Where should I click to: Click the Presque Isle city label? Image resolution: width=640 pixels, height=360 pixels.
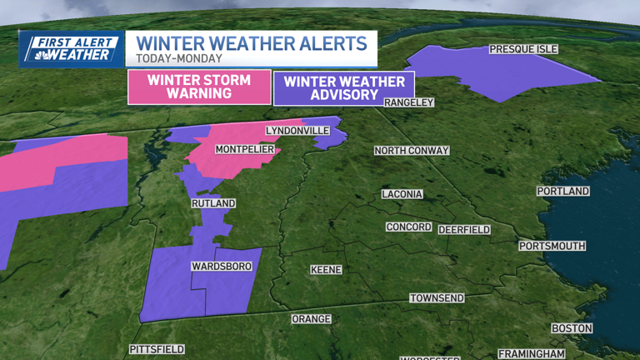[523, 49]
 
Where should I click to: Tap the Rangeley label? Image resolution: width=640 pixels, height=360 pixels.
[409, 102]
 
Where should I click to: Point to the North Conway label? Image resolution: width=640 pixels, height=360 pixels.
[412, 151]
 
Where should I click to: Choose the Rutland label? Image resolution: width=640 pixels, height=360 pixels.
[213, 203]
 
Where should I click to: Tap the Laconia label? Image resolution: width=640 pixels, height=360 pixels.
[402, 194]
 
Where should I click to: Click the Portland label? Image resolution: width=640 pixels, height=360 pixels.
[563, 192]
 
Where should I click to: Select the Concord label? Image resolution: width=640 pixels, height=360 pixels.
[408, 227]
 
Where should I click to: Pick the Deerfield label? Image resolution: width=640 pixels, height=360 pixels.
[464, 229]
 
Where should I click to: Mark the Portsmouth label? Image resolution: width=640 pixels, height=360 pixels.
[552, 247]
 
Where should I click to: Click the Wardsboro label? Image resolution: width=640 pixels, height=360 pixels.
[218, 267]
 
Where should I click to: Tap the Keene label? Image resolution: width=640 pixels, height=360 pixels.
[326, 270]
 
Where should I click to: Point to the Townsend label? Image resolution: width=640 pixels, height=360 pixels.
[437, 298]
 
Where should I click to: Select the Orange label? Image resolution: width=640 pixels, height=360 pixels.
[311, 319]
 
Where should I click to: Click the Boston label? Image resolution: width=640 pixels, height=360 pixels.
[572, 328]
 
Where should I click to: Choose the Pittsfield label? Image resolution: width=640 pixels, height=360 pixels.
[157, 349]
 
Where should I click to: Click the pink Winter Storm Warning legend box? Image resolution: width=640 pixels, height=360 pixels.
[199, 87]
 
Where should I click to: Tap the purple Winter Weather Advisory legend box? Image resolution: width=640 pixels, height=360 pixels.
[332, 87]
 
